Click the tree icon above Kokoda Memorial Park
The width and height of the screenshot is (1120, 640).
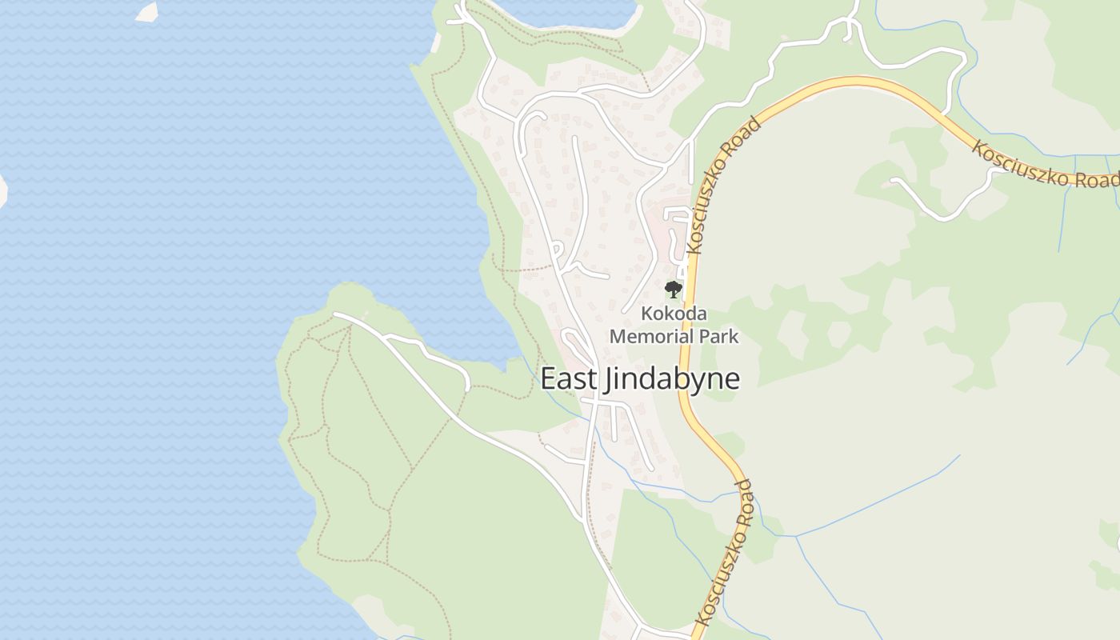coord(674,289)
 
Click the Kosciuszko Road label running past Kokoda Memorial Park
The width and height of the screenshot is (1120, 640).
coord(722,186)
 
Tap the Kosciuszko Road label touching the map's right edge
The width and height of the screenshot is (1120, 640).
coord(1045,165)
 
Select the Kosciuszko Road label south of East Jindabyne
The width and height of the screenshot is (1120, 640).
coord(725,552)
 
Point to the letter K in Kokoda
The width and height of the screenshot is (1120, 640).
coord(646,314)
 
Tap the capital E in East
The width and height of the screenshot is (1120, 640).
coord(548,378)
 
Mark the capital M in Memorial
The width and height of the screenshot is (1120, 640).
coord(617,336)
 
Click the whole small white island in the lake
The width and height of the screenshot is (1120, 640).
coord(146,11)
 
